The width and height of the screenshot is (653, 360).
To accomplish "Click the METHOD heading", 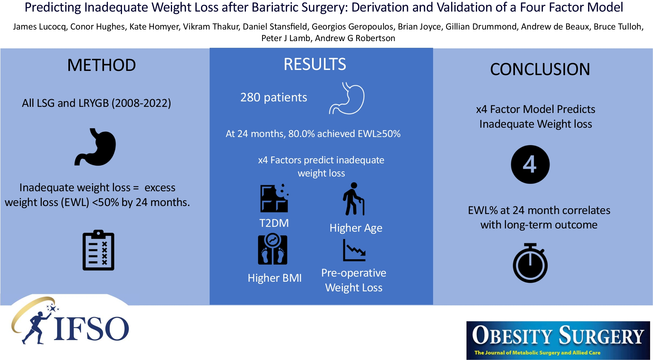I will pyautogui.click(x=101, y=65).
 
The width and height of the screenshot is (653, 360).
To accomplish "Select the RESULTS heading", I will pyautogui.click(x=315, y=64).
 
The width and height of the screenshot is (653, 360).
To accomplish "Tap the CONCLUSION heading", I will pyautogui.click(x=540, y=69).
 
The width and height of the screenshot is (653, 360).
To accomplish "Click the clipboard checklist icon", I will pyautogui.click(x=98, y=250).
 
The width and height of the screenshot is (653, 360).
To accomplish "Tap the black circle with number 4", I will pyautogui.click(x=530, y=165).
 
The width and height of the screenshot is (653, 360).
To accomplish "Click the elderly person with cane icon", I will pyautogui.click(x=353, y=199).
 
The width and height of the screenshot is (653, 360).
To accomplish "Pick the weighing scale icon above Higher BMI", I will pyautogui.click(x=273, y=249).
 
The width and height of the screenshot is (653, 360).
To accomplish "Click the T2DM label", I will pyautogui.click(x=274, y=223).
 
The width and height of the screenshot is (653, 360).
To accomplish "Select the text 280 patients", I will pyautogui.click(x=274, y=98).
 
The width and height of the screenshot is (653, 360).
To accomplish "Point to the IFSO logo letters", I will pyautogui.click(x=92, y=329).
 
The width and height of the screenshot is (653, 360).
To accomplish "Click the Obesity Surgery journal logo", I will pyautogui.click(x=558, y=340).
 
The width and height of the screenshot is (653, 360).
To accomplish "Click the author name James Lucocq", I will pyautogui.click(x=39, y=27).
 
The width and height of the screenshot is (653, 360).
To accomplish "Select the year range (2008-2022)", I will pyautogui.click(x=141, y=103).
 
